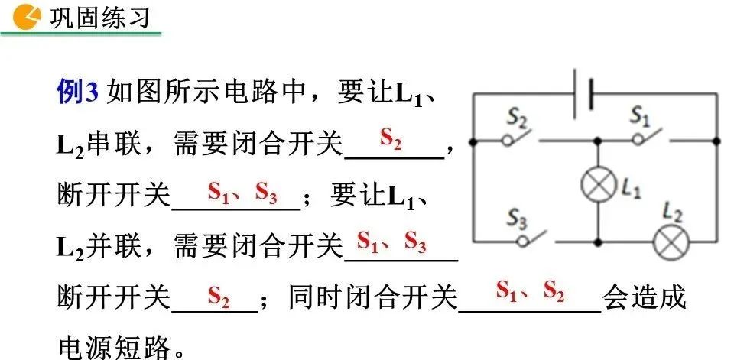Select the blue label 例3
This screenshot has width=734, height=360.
click(78, 93)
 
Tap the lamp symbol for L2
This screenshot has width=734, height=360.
click(671, 242)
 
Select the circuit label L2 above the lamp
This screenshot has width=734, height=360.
click(672, 211)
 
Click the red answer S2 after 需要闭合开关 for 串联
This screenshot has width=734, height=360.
click(391, 139)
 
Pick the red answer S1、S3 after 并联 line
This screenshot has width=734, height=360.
click(391, 243)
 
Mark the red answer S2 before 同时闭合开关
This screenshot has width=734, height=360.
click(219, 295)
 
